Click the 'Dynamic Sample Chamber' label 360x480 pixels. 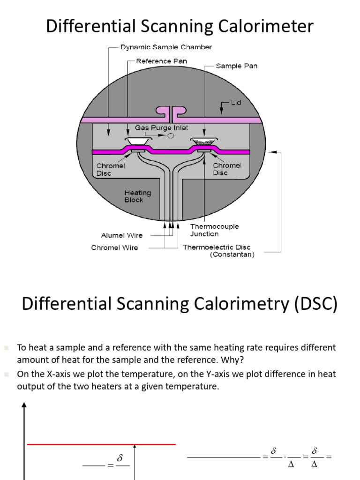tap(166, 47)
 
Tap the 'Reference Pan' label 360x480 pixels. tap(161, 61)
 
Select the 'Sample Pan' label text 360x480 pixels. tap(236, 66)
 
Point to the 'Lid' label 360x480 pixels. tap(236, 102)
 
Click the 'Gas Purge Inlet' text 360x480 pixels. tap(162, 127)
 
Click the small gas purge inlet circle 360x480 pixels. tap(171, 136)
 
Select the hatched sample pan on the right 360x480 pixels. tap(203, 141)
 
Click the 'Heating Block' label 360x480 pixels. tap(137, 196)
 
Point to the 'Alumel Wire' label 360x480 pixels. tap(122, 235)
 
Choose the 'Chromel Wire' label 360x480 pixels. tap(114, 247)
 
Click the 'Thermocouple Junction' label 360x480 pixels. tap(214, 230)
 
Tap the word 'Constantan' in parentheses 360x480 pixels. tap(232, 255)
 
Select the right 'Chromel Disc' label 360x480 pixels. tap(227, 169)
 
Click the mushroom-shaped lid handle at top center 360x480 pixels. tap(171, 112)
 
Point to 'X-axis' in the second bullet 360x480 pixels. tap(56, 374)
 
